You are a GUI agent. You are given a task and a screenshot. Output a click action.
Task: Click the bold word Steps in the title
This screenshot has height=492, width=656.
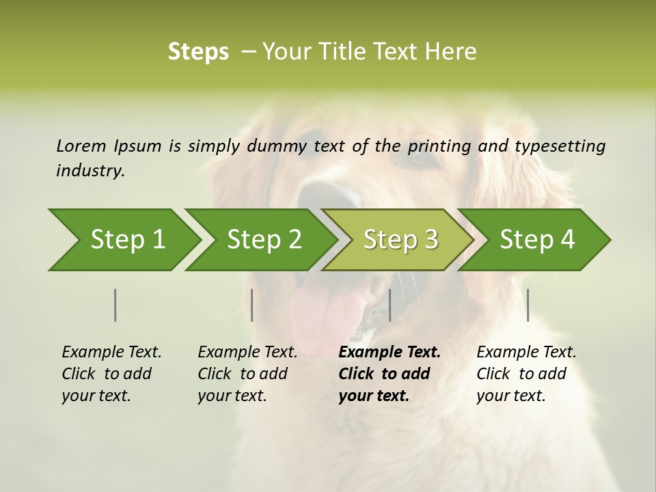coord(198,52)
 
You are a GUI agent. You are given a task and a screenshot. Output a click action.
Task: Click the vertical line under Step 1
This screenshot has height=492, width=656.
coord(115,305)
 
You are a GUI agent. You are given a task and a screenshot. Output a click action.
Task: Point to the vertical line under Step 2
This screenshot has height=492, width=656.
coord(252,305)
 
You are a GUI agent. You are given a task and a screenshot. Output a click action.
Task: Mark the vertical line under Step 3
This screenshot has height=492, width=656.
coord(389,305)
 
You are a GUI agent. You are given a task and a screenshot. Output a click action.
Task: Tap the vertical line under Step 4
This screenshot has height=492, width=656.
coord(528,305)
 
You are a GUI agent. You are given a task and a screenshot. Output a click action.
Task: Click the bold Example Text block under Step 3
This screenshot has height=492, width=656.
coord(389,374)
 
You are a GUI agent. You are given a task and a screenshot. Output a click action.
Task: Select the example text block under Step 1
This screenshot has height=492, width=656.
coord(111,374)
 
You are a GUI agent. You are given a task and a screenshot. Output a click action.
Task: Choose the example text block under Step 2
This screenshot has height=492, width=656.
coord(247,374)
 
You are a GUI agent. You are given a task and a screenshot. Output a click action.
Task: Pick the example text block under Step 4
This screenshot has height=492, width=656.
coord(526,374)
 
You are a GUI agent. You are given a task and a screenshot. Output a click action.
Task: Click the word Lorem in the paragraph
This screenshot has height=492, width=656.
coord(81,146)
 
